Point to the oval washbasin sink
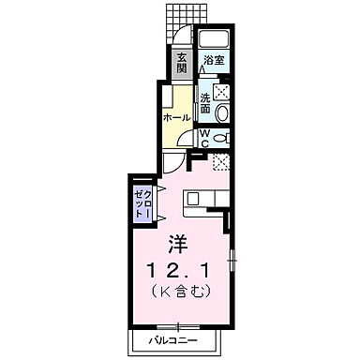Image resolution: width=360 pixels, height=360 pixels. coord(221,112)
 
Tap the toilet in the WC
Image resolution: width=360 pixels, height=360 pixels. coord(221,138)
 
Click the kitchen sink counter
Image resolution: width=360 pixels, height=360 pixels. coord(202,200)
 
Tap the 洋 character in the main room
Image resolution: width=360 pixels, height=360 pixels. coord(179,243)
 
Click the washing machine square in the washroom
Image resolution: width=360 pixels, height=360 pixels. coord(222,91)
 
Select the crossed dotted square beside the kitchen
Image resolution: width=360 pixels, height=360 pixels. coord(222,162)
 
